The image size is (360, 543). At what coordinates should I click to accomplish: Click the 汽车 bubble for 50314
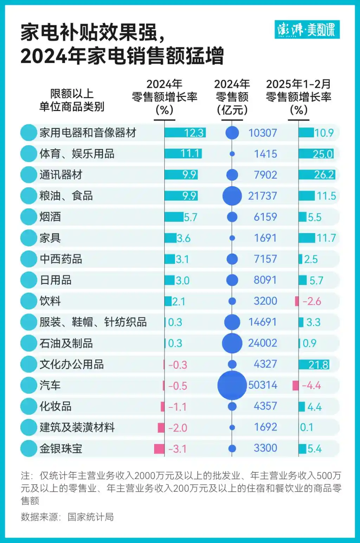coord(232,385)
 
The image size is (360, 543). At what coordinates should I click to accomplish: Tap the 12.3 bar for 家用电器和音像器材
coord(185,133)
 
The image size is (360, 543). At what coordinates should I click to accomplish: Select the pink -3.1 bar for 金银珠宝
coord(159,448)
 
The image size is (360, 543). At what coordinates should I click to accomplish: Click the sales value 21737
coord(262,196)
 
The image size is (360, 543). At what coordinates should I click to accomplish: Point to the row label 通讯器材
coord(61,175)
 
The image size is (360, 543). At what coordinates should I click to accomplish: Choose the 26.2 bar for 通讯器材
coord(317,175)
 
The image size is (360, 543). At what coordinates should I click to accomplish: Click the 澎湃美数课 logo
coord(307,30)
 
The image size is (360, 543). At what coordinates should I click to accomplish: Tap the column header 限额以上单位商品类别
coord(72,100)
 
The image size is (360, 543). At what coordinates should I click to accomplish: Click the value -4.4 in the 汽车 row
coord(311,386)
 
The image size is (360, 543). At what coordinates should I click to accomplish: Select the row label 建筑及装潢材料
coord(77,427)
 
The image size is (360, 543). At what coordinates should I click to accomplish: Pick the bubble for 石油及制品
coord(232,343)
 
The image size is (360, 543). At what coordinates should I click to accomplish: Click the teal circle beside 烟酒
coord(29,217)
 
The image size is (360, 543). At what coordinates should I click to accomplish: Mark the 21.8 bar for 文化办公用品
coord(314,364)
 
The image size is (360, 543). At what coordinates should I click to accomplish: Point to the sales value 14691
coord(262,322)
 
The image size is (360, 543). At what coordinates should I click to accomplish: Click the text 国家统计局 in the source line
coord(91,517)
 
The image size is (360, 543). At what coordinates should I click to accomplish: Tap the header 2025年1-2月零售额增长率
coord(298,97)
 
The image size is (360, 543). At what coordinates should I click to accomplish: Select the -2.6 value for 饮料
coord(311,301)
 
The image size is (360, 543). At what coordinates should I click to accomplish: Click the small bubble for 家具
coord(232,238)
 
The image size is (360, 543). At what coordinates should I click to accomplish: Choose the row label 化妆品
coord(56,406)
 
